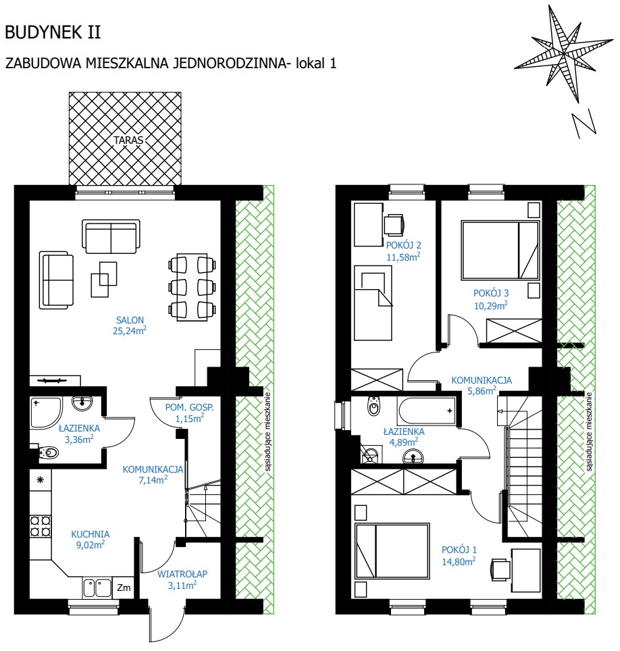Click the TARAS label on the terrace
[x=128, y=140]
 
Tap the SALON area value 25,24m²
[x=130, y=331]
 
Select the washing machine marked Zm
[x=124, y=588]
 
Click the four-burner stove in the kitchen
[x=41, y=526]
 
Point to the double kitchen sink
[x=97, y=588]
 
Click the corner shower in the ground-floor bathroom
[x=46, y=413]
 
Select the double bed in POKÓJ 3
[x=500, y=250]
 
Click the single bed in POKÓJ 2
[x=373, y=303]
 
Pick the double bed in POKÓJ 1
[x=392, y=551]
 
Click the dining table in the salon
[x=192, y=287]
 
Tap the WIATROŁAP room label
[x=182, y=574]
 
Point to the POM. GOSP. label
[x=189, y=408]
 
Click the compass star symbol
[x=563, y=53]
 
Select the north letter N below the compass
[x=584, y=124]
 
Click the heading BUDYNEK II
[x=53, y=32]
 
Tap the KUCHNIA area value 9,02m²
[x=90, y=545]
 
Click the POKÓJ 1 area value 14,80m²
[x=459, y=562]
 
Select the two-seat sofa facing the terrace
[x=111, y=236]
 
